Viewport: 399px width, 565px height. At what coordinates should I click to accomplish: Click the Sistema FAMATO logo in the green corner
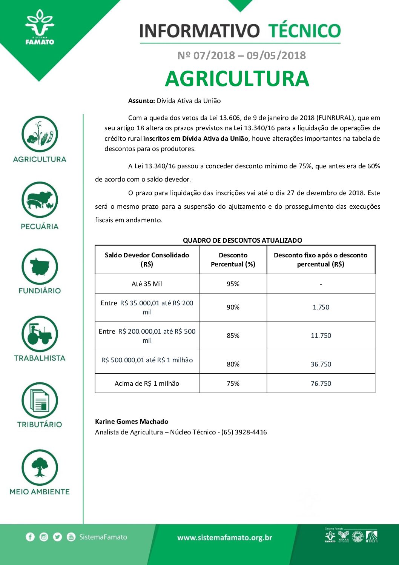(x=39, y=28)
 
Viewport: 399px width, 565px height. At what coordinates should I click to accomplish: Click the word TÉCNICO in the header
(x=304, y=31)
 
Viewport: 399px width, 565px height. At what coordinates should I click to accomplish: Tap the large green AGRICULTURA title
(x=237, y=79)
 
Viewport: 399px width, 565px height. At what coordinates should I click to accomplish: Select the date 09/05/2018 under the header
(x=276, y=55)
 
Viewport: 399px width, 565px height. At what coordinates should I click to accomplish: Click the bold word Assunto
(x=141, y=101)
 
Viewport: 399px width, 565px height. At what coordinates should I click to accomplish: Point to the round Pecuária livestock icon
(x=40, y=200)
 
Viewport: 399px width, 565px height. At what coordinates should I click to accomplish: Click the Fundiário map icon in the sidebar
(x=40, y=267)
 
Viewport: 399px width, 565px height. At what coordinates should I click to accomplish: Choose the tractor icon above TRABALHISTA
(x=40, y=334)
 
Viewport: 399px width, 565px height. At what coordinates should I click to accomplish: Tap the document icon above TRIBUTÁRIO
(x=40, y=401)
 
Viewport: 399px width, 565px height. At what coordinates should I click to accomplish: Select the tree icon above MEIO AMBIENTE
(x=40, y=468)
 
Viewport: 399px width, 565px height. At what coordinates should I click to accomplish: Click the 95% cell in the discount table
(x=233, y=284)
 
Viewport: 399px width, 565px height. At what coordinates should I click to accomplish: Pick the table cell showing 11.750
(x=321, y=336)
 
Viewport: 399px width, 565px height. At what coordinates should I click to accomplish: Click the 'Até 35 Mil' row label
(x=147, y=284)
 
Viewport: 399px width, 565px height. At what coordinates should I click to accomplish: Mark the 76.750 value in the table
(x=321, y=383)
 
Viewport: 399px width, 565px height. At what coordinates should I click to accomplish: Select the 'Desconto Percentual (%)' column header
(x=233, y=260)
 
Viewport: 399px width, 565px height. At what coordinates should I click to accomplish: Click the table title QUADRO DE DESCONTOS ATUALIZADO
(x=242, y=240)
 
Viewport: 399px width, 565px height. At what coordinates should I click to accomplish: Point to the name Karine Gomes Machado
(x=132, y=422)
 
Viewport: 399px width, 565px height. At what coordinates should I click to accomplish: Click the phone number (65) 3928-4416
(x=244, y=432)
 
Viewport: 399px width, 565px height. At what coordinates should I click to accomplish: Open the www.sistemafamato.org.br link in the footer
(x=225, y=537)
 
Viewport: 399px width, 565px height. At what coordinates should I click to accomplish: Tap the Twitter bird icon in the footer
(x=57, y=537)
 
